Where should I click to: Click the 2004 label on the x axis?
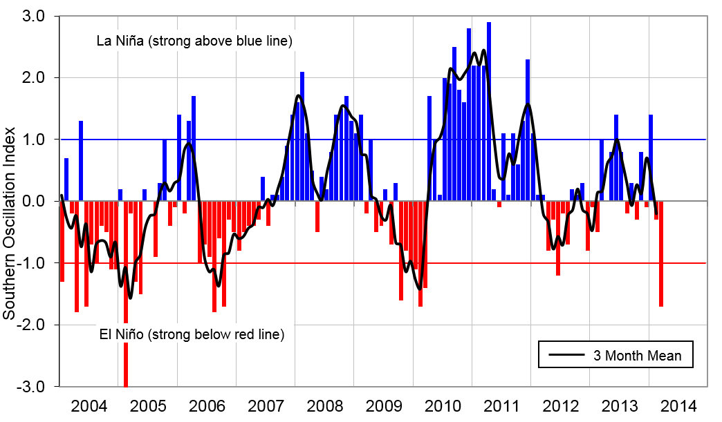(89, 405)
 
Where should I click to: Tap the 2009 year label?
(383, 405)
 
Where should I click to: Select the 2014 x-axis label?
(678, 405)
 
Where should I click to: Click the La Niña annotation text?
(196, 41)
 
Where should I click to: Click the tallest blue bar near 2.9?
(489, 111)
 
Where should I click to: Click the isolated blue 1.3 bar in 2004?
(81, 160)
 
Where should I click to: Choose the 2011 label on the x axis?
(501, 405)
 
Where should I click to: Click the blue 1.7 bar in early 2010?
(429, 148)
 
